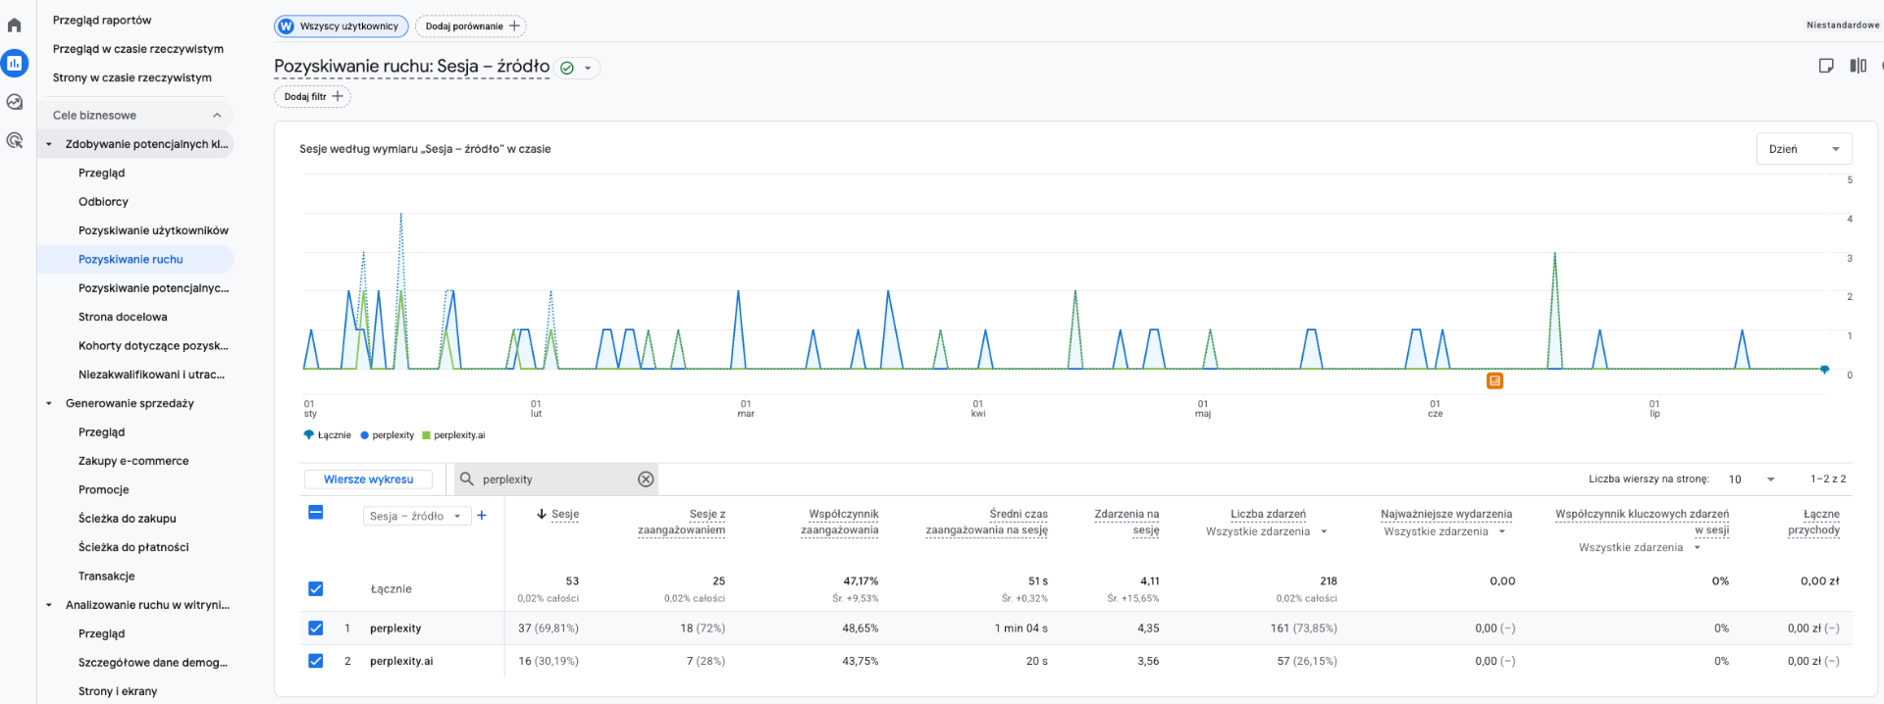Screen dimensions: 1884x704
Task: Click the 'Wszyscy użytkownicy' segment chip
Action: click(341, 26)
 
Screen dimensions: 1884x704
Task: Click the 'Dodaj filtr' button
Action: click(312, 96)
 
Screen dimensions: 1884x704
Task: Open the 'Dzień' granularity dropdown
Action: click(1804, 149)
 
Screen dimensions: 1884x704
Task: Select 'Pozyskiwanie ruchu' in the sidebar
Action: click(131, 260)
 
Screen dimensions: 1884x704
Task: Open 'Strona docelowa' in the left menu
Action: click(123, 317)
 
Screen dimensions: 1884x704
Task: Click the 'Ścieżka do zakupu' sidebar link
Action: click(128, 519)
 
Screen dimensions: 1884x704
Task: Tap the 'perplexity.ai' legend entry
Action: click(453, 435)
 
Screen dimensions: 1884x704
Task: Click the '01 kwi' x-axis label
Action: click(978, 409)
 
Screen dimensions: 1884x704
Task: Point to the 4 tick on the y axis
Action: click(1850, 219)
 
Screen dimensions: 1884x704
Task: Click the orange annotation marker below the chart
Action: click(1494, 380)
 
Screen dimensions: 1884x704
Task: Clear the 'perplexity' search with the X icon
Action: click(646, 479)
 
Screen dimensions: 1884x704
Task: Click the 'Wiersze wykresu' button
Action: click(368, 479)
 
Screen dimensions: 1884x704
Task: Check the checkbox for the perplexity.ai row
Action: click(316, 661)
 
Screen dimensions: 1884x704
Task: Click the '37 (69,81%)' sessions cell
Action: click(549, 629)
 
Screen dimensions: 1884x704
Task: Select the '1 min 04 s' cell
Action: click(1020, 629)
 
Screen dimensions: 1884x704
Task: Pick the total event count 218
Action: click(1329, 581)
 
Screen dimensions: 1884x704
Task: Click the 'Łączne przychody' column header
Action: click(1813, 522)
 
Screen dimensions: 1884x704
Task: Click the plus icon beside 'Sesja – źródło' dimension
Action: click(482, 516)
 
